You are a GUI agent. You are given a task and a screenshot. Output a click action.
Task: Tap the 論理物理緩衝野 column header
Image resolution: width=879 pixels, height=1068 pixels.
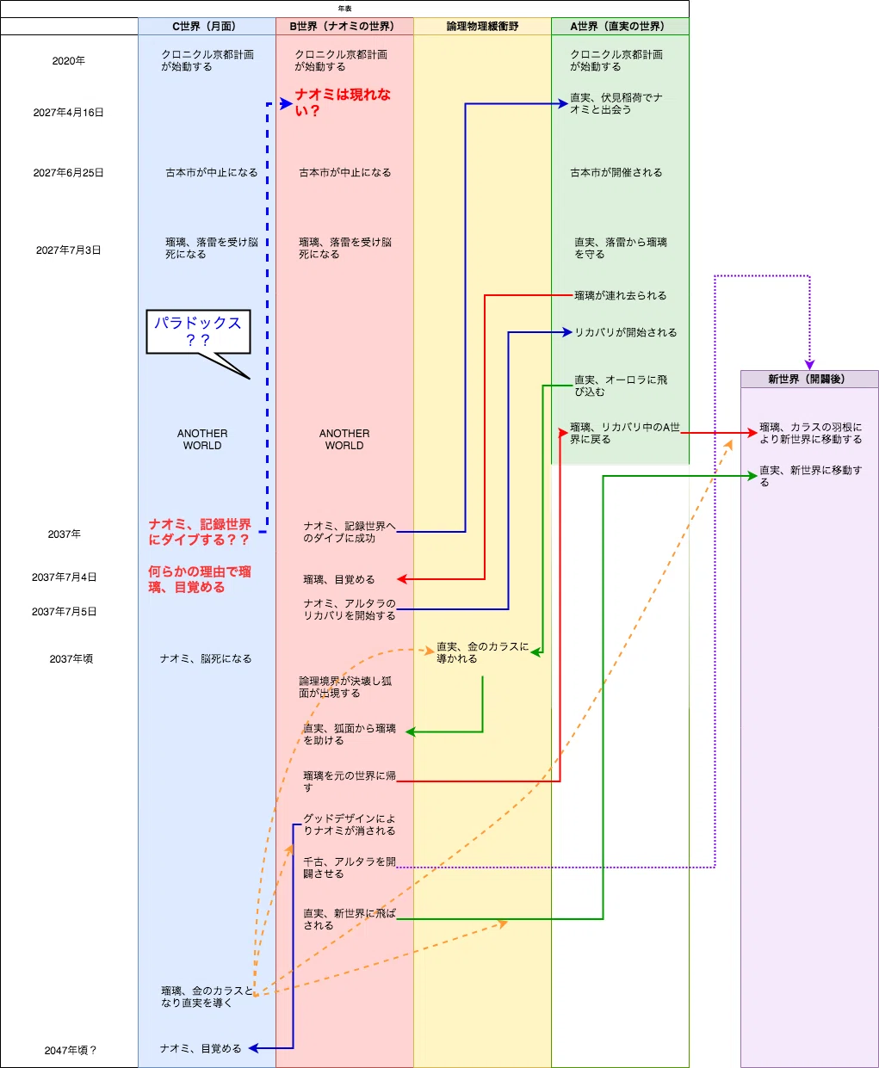[x=482, y=27]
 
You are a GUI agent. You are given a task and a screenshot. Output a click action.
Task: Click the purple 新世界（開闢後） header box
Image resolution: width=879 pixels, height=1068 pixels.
[x=809, y=379]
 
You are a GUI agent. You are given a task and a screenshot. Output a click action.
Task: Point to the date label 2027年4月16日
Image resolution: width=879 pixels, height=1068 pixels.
[x=68, y=113]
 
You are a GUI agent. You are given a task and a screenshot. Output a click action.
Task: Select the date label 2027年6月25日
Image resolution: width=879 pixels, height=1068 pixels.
[x=68, y=173]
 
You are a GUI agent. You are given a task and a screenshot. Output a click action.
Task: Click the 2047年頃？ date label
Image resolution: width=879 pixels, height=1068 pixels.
[x=71, y=1050]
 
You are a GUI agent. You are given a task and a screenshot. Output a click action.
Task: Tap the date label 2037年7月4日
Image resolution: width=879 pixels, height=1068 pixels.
[x=65, y=577]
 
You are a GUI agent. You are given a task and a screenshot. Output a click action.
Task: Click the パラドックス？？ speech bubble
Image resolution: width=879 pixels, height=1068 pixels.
[x=198, y=331]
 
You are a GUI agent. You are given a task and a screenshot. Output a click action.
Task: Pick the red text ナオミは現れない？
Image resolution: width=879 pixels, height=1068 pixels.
[x=343, y=102]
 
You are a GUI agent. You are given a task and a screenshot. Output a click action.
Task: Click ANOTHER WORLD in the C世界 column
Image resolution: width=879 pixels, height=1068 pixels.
[x=202, y=440]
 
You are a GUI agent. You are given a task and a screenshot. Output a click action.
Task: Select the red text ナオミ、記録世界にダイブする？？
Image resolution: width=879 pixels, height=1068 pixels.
[x=200, y=532]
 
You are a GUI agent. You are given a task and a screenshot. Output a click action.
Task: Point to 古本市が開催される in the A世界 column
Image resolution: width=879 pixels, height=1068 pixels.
[x=616, y=173]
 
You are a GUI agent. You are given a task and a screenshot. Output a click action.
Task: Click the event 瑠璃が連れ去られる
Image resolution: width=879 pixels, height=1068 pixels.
[x=620, y=295]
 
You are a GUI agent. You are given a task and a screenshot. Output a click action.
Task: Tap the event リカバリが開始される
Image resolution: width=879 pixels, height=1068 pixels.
[x=625, y=332]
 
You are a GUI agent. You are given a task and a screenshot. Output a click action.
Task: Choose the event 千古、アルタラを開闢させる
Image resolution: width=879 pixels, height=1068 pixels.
[x=349, y=867]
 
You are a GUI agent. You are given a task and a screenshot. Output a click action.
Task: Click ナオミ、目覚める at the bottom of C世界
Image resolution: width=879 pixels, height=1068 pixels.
[x=201, y=1048]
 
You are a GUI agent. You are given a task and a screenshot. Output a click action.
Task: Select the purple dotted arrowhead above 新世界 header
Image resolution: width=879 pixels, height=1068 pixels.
[x=809, y=365]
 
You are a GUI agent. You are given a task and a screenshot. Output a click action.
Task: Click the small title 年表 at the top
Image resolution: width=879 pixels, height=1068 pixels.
[x=344, y=9]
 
